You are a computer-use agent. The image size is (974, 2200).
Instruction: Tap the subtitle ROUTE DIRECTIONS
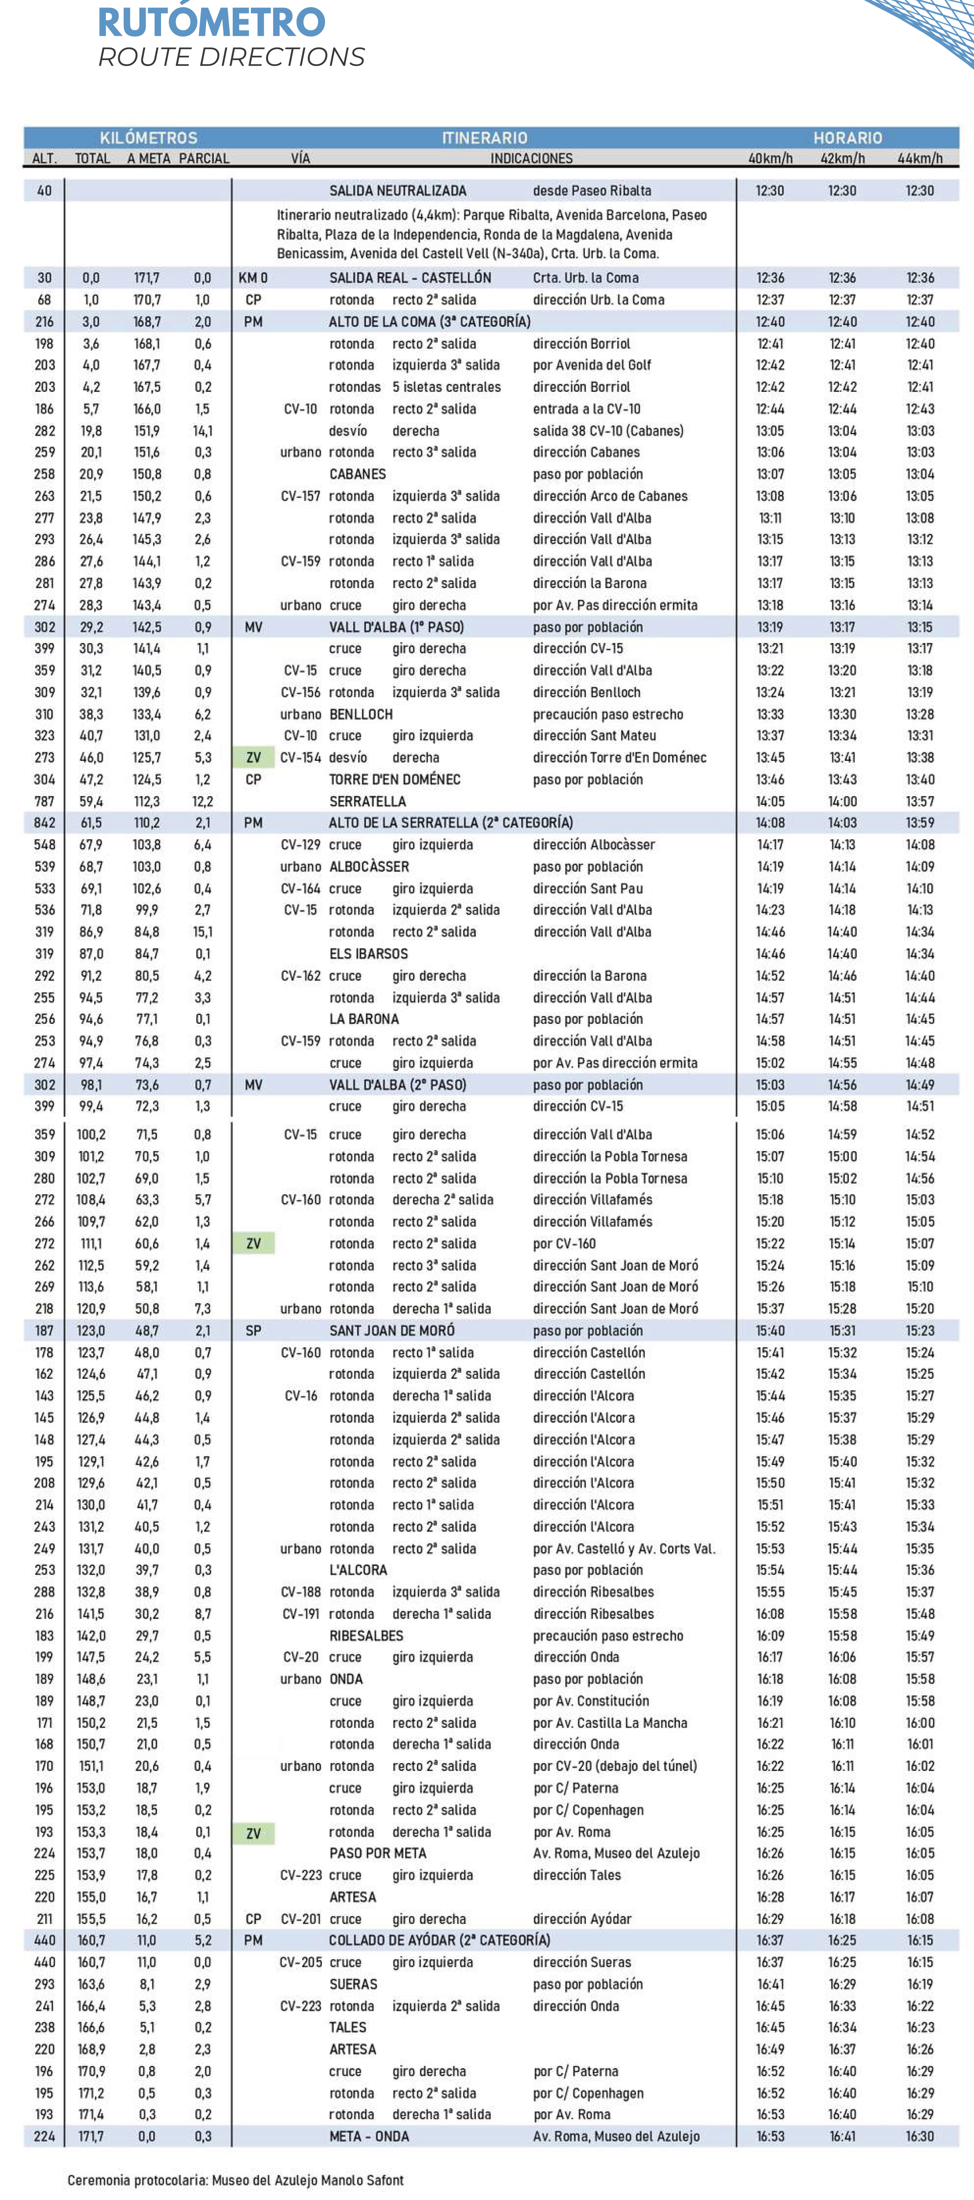(x=232, y=57)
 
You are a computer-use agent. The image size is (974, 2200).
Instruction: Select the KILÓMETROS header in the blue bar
(x=149, y=137)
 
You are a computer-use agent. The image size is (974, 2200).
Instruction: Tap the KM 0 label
(x=253, y=278)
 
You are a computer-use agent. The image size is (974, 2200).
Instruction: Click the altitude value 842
(x=44, y=822)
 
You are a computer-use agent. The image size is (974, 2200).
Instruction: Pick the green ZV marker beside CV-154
(x=253, y=758)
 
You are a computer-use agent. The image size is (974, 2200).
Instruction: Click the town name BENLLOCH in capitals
(x=360, y=714)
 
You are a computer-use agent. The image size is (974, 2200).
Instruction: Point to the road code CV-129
(x=300, y=845)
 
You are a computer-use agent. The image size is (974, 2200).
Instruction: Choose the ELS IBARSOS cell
(x=368, y=954)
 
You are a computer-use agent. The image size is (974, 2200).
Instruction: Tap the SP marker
(x=253, y=1330)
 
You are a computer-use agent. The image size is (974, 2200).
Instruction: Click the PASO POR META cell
(x=378, y=1853)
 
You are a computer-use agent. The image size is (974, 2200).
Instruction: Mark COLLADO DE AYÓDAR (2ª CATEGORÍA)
(x=439, y=1941)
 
